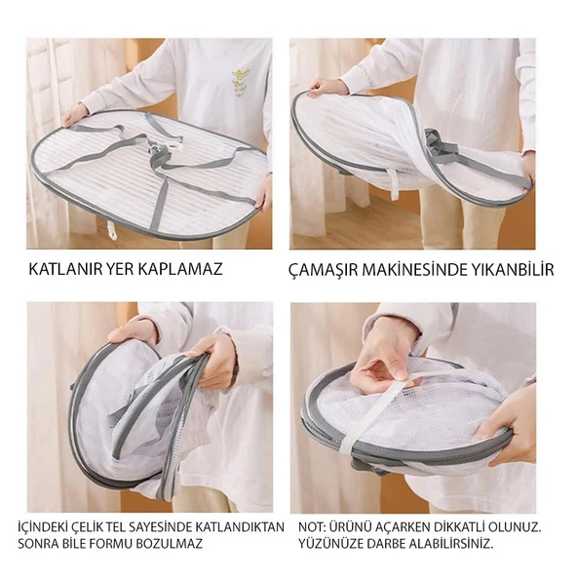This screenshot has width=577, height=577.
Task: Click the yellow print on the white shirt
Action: tap(238, 82)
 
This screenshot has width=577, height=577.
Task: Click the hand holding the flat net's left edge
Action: tap(74, 115)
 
